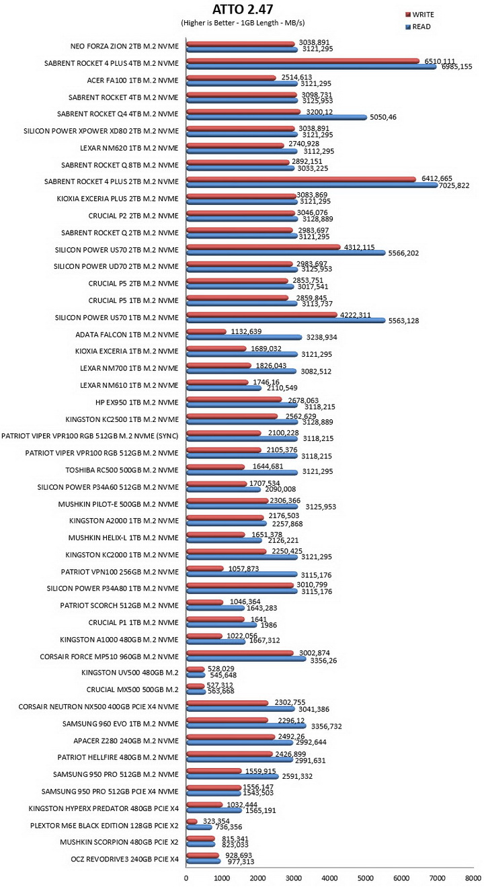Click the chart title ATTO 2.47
[243, 9]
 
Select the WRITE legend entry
[419, 15]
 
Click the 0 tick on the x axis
[186, 877]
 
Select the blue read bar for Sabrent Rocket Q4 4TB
[276, 117]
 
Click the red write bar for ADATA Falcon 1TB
[206, 331]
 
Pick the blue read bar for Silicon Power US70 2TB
[286, 253]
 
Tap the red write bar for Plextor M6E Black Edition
[192, 822]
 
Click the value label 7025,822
[454, 185]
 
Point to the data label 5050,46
[383, 117]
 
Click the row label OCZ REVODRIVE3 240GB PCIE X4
[124, 859]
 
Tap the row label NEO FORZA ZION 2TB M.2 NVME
[124, 46]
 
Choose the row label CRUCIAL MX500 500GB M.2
[132, 689]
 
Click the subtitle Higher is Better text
[208, 23]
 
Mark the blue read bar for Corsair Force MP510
[246, 659]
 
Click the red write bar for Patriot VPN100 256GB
[205, 568]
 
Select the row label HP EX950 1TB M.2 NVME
[137, 403]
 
